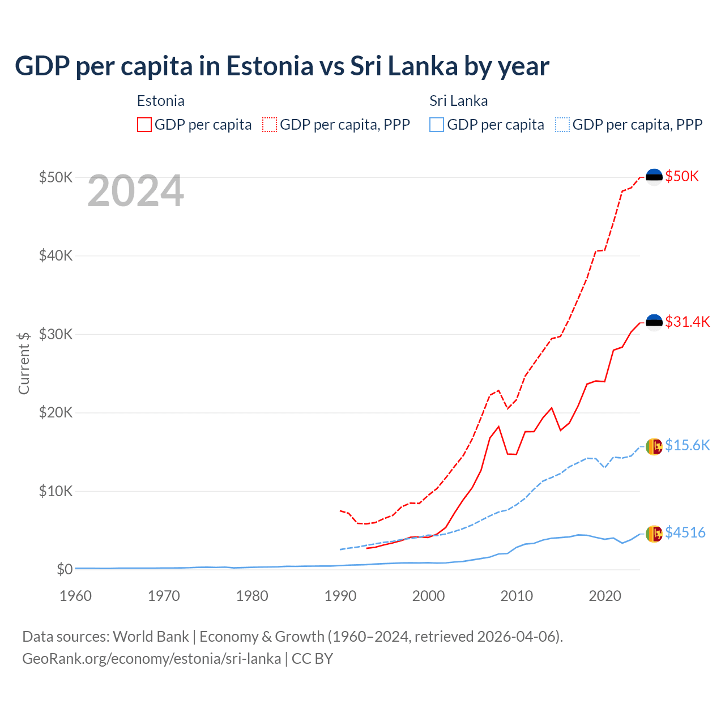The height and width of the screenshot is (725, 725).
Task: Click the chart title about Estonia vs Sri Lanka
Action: tap(282, 66)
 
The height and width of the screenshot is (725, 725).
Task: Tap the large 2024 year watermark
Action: tap(135, 191)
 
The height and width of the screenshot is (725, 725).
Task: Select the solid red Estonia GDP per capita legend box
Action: tap(144, 125)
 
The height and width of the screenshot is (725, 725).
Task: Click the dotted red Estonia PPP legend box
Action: tap(270, 125)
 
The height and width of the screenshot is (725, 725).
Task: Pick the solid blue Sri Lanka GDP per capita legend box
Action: tap(437, 125)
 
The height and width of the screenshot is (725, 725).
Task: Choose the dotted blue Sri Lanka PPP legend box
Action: tap(562, 125)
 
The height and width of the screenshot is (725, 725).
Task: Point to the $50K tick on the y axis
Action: tap(56, 177)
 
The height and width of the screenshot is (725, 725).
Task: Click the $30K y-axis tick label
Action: tap(56, 334)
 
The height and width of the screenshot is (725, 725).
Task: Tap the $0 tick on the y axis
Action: tap(65, 569)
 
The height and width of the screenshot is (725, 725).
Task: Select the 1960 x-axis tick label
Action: tap(75, 596)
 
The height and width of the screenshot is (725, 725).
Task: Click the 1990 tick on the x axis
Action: tap(340, 596)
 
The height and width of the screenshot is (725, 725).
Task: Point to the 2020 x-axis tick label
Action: tap(605, 596)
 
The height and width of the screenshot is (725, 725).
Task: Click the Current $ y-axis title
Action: tap(24, 363)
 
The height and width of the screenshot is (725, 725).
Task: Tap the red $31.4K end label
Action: tap(687, 322)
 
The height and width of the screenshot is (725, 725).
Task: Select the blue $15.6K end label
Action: tap(687, 446)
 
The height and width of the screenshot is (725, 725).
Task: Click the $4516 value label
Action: tap(685, 533)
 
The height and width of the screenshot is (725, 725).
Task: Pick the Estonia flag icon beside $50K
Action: tap(654, 177)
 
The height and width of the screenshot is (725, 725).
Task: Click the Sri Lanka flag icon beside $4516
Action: tap(654, 534)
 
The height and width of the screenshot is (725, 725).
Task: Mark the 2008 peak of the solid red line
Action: tap(498, 427)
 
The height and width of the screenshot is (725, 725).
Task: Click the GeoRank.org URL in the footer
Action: tap(151, 659)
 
